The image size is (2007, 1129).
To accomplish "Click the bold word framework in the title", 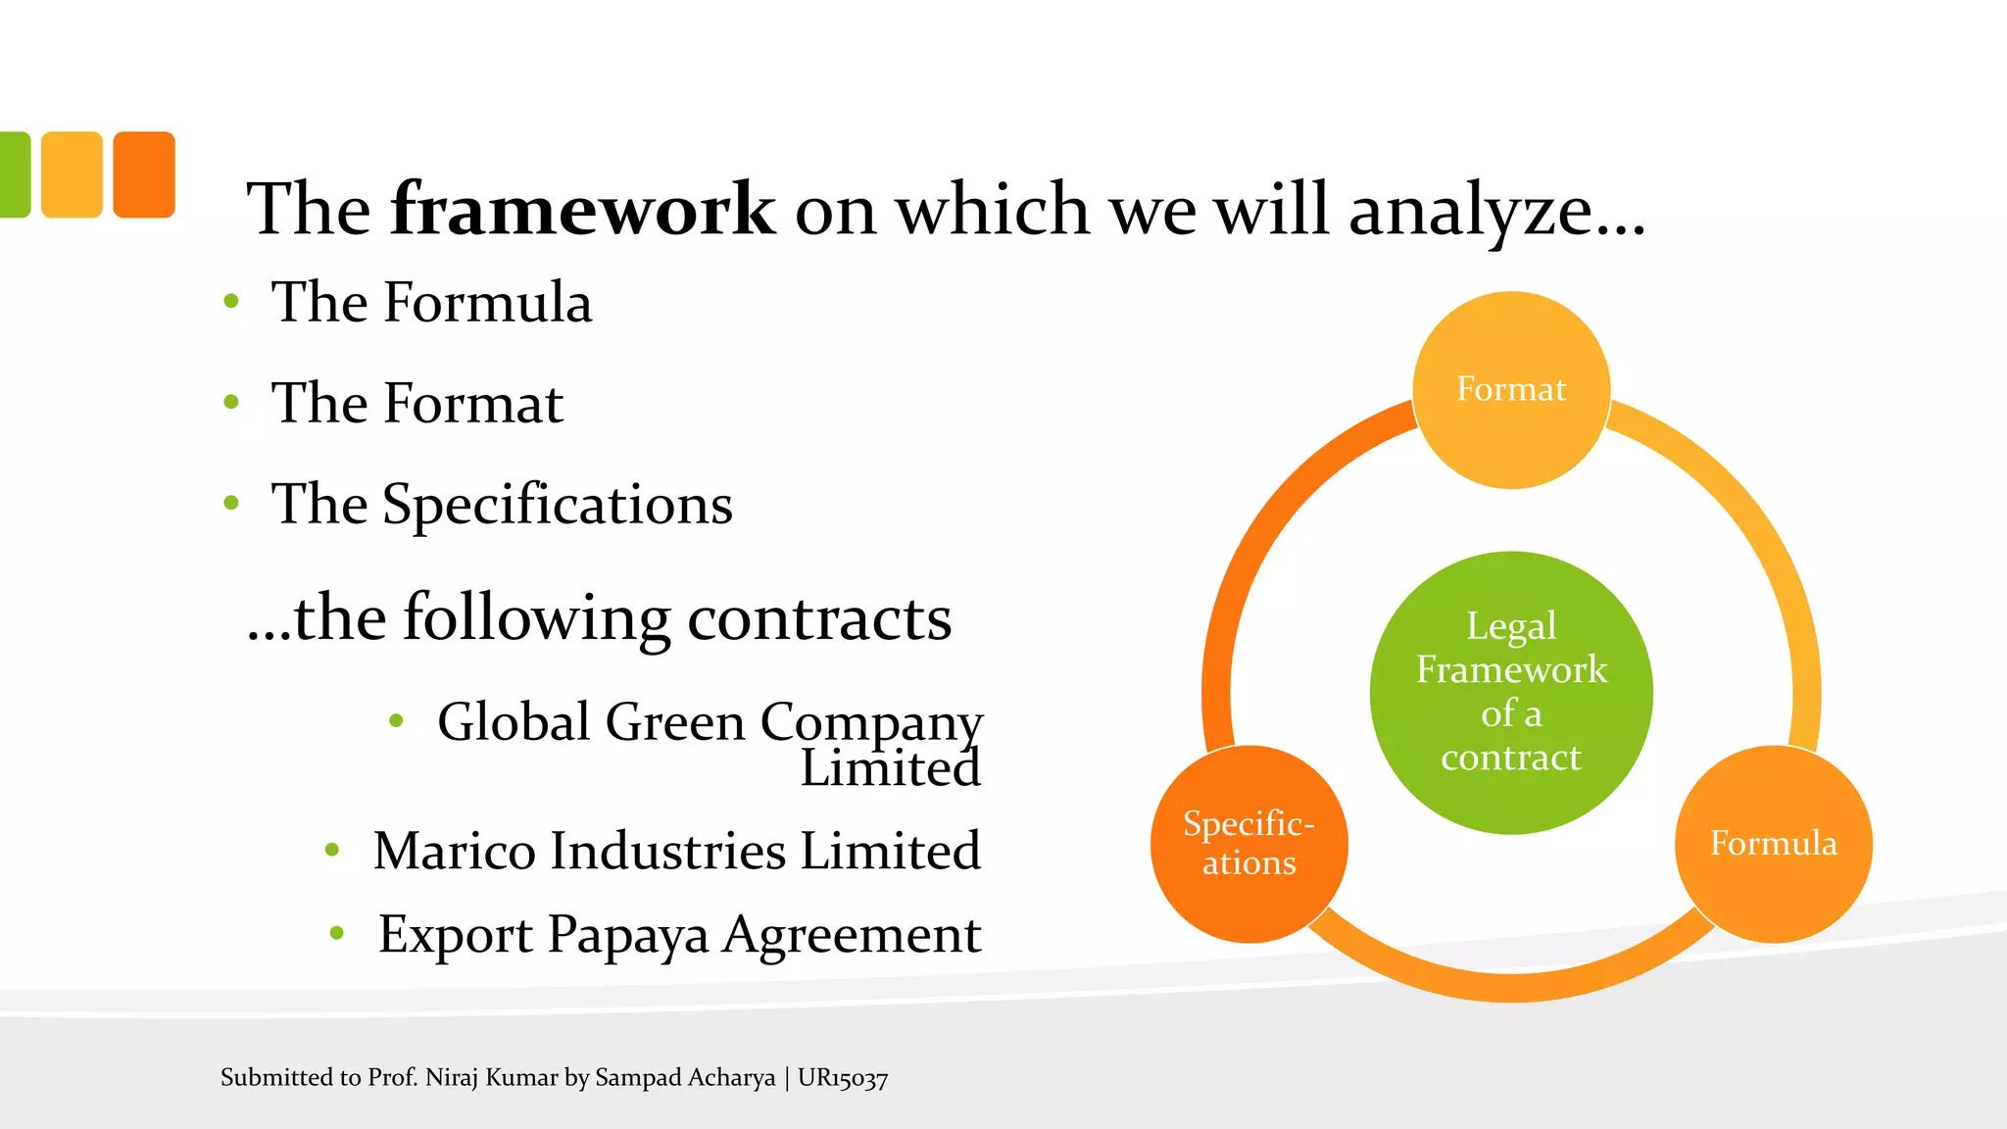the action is pos(582,209).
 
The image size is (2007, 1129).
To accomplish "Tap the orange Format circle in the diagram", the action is pos(1511,389).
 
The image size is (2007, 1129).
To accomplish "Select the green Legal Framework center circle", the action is pos(1511,692).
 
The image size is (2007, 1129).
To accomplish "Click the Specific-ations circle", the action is pos(1248,844).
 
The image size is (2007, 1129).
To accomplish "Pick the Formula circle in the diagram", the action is pos(1773,844).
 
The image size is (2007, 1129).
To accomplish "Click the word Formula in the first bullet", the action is pos(487,302).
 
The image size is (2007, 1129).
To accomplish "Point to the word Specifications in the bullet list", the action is pos(557,505).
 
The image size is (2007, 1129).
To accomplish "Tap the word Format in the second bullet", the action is pos(472,403).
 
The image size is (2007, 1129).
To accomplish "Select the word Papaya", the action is pos(627,935).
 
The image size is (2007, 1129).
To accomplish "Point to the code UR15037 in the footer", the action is pos(843,1078).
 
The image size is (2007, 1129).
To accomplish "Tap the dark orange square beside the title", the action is pos(144,174).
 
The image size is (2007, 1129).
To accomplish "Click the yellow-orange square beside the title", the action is pos(72,174).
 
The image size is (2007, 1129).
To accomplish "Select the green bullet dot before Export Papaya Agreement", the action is pos(337,933).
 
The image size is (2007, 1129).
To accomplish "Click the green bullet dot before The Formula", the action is pos(231,301).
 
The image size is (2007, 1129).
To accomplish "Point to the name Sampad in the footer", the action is pos(637,1077).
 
